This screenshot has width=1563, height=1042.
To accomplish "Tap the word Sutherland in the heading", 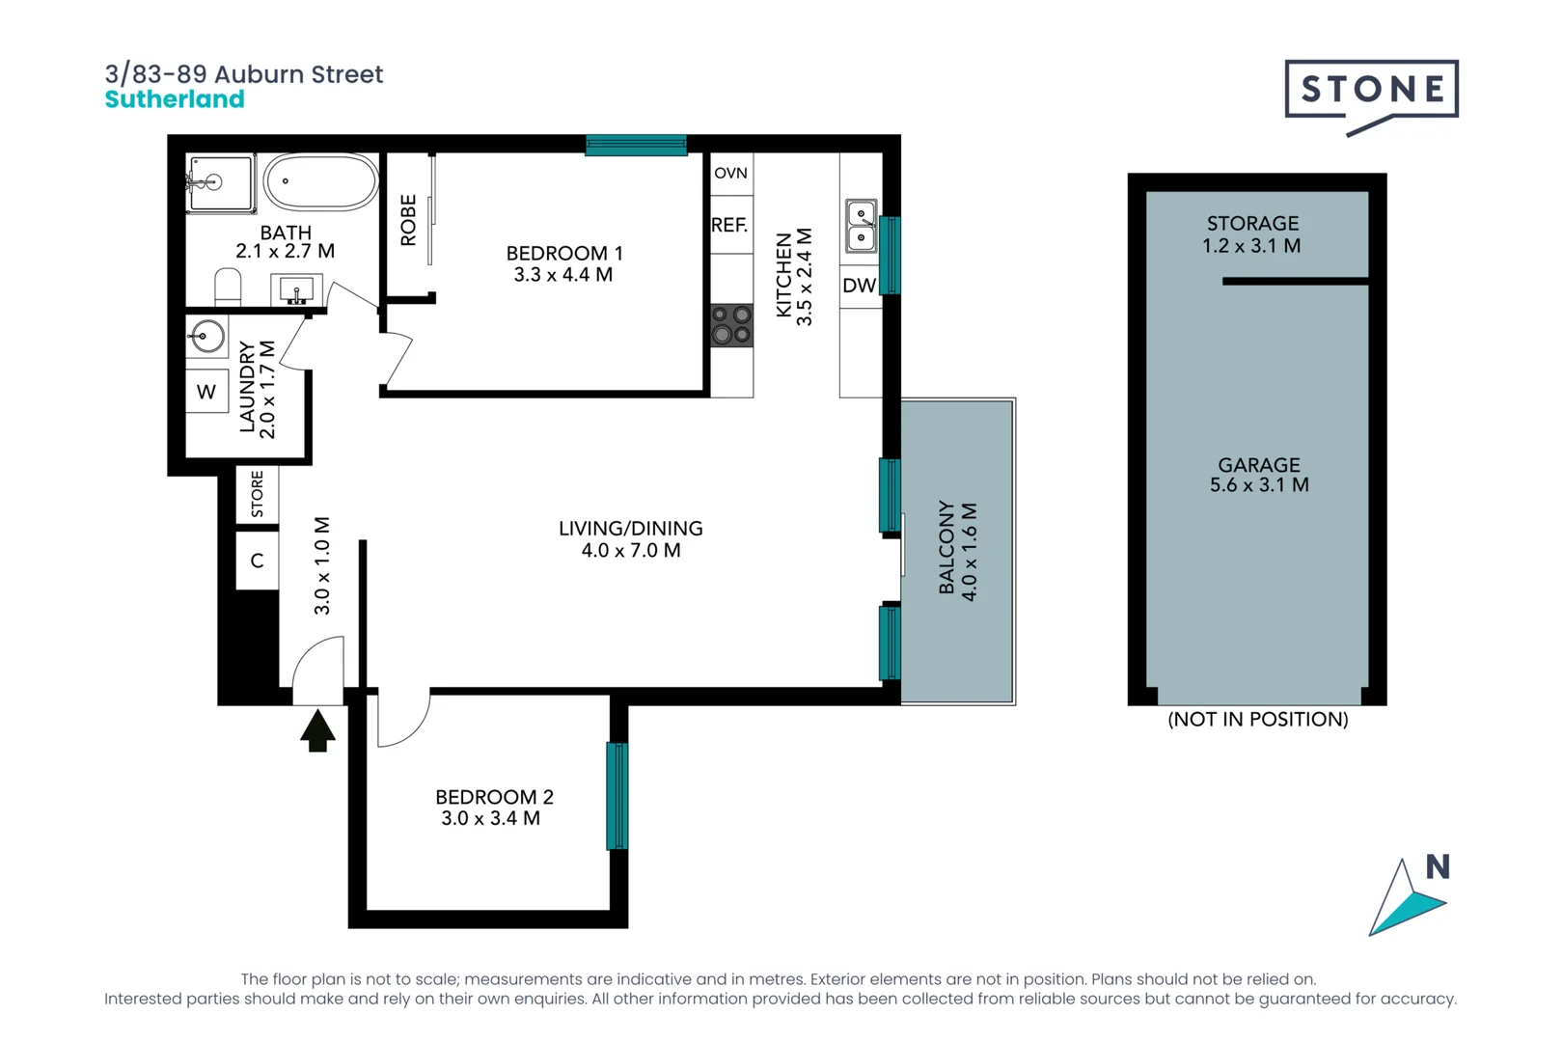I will (x=175, y=99).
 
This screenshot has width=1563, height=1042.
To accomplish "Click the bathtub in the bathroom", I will (x=321, y=181).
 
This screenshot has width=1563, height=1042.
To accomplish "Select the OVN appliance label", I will (x=730, y=174).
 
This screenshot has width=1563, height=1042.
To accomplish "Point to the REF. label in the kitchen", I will (x=729, y=226).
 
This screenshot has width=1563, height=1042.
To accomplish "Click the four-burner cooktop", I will (x=731, y=325).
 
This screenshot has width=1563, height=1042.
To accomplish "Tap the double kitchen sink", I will (x=861, y=226).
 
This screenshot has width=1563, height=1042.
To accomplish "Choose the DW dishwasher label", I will (x=859, y=286).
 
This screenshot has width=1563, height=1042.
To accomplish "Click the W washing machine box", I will (x=206, y=392).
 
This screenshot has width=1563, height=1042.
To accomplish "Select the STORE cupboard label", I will (x=257, y=494).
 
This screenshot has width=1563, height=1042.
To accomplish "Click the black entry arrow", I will (x=317, y=730).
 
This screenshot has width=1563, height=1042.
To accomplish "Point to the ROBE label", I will (x=408, y=220).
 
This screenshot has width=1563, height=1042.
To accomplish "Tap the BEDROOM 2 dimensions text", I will (x=490, y=818).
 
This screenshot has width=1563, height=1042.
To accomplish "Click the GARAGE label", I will (x=1258, y=465).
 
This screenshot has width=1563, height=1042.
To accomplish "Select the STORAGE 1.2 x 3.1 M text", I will (x=1252, y=234).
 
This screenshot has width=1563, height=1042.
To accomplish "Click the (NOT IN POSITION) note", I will (x=1257, y=720).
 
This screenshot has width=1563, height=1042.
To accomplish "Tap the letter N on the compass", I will (x=1438, y=867).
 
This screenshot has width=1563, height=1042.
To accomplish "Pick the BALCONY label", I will (x=946, y=548).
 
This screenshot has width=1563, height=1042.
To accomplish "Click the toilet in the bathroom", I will (x=228, y=288).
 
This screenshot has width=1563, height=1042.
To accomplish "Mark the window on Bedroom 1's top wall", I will (x=636, y=146).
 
